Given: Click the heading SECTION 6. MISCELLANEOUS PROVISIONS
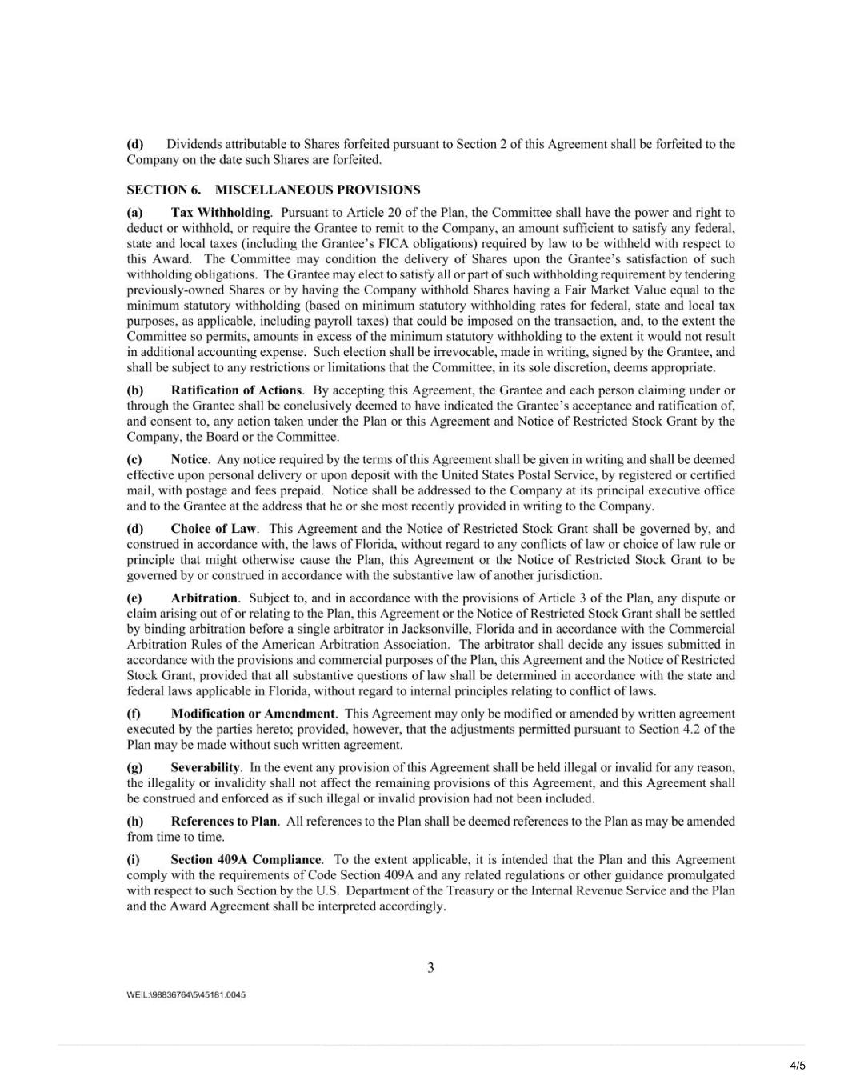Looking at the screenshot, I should click(273, 190).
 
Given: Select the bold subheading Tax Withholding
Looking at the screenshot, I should click(221, 213).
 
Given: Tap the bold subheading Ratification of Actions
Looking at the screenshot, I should click(236, 390).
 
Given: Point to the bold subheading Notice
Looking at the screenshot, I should click(189, 460).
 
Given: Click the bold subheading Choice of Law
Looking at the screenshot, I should click(214, 529).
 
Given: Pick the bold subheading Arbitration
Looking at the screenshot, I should click(204, 598).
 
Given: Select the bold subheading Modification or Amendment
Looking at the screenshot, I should click(253, 714).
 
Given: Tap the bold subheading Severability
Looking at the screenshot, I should click(205, 768).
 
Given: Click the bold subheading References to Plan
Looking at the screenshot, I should click(224, 822).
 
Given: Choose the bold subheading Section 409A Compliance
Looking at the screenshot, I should click(246, 860).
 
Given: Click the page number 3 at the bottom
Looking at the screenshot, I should click(430, 968).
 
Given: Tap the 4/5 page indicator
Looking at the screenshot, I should click(798, 1066).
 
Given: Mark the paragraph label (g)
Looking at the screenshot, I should click(135, 768).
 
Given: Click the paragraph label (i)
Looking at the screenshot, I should click(134, 860).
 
